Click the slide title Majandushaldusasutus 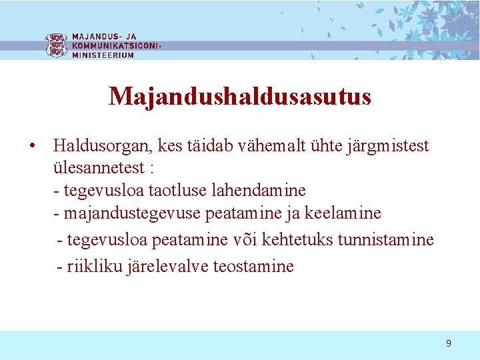pos(240,97)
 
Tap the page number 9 pos(448,343)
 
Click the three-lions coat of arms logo pos(56,45)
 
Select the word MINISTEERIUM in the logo pos(103,55)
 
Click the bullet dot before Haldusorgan pos(32,145)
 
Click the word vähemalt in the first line pos(311,145)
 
